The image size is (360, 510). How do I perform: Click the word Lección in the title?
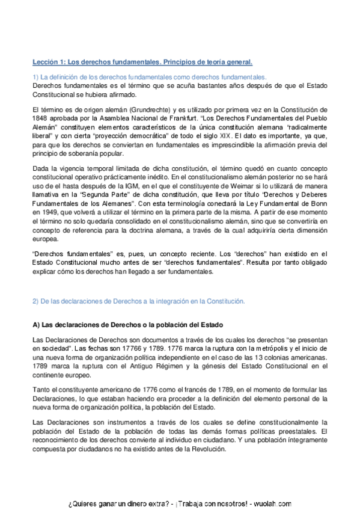46,62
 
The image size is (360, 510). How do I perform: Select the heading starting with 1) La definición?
150,78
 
